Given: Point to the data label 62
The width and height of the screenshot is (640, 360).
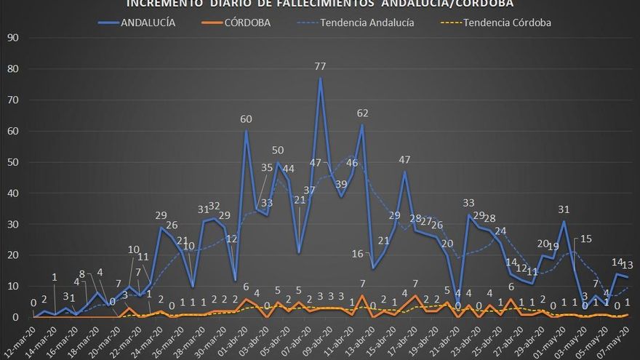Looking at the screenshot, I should tap(362, 113).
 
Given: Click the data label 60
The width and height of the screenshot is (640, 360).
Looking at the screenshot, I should tap(247, 119).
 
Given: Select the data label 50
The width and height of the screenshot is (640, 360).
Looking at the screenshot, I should tap(278, 151).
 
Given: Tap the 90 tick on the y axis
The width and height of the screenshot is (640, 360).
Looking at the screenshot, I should tap(13, 38).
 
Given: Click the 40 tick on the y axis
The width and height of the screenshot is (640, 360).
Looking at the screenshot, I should tap(13, 193).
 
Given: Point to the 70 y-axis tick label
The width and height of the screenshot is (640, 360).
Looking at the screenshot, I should tap(13, 100).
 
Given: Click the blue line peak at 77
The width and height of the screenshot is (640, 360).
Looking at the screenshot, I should tap(320, 79).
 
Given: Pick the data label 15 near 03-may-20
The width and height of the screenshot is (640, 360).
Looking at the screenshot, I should tap(585, 239).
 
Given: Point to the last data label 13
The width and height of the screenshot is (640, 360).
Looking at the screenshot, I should tap(628, 265).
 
